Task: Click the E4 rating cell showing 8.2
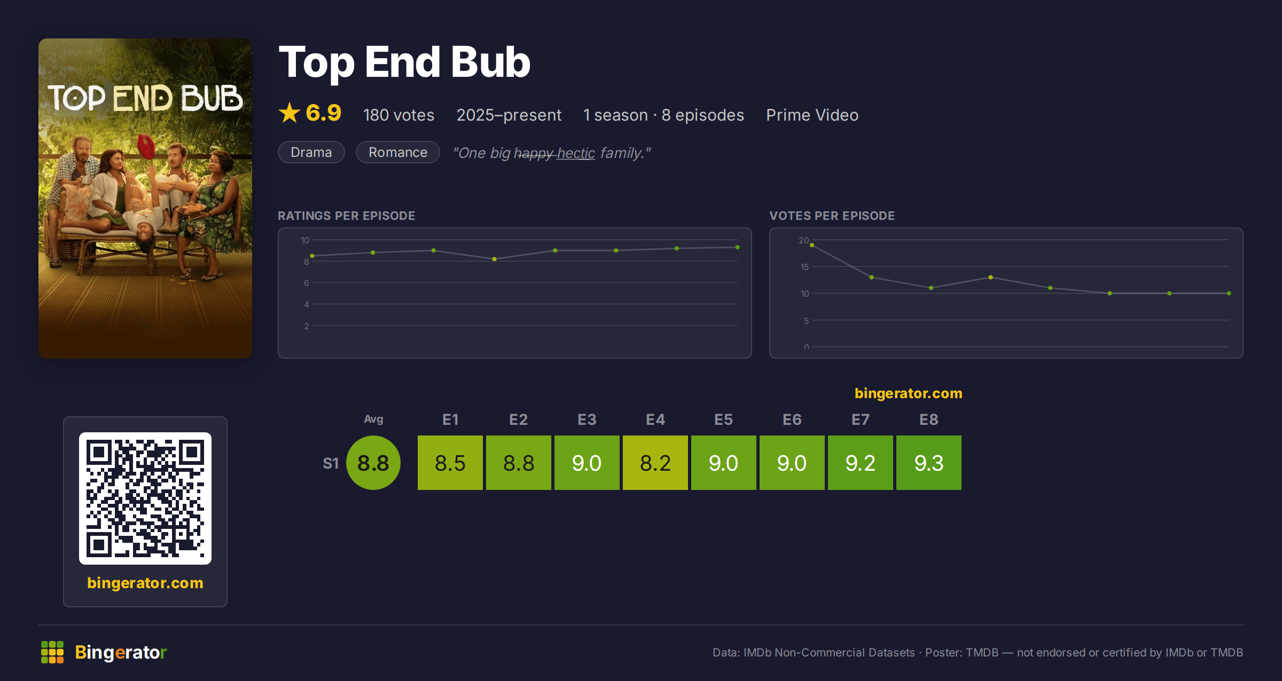(655, 463)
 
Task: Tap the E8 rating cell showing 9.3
(929, 463)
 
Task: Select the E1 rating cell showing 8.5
(450, 463)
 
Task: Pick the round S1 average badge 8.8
(373, 463)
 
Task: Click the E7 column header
(861, 419)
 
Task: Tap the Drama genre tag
(311, 152)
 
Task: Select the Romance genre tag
(398, 152)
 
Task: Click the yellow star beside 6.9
(290, 113)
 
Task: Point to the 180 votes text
(398, 115)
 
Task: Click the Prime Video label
(812, 115)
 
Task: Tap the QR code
(145, 498)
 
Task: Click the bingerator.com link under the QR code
(145, 583)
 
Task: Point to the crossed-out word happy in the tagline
(533, 153)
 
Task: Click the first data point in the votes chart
(812, 245)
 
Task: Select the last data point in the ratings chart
(738, 247)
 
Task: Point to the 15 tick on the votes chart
(804, 267)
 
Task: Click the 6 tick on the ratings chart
(307, 283)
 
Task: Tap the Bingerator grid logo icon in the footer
(52, 652)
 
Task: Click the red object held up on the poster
(146, 146)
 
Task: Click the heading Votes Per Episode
(832, 216)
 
